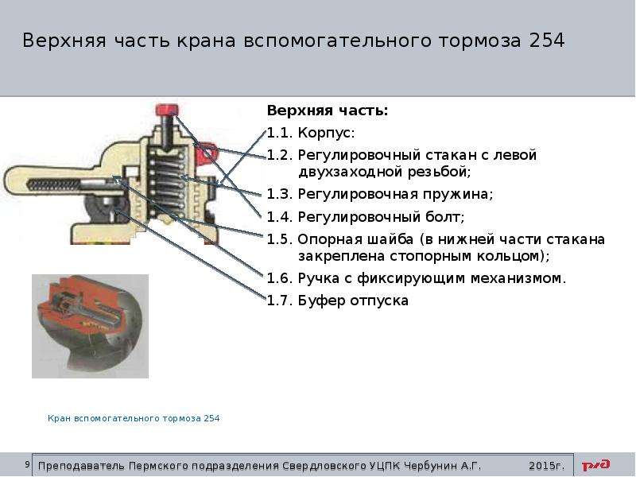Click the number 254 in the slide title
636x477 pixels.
click(x=546, y=41)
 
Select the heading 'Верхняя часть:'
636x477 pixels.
click(x=328, y=111)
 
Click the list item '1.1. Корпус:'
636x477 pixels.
click(x=311, y=133)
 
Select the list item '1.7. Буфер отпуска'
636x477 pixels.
click(x=337, y=301)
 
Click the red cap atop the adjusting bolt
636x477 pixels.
click(x=167, y=109)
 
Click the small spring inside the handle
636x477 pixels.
click(x=53, y=185)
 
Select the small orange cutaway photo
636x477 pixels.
click(x=90, y=326)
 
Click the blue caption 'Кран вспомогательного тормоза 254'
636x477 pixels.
click(x=134, y=418)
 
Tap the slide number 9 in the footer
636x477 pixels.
click(x=27, y=464)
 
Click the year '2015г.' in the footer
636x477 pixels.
click(x=546, y=466)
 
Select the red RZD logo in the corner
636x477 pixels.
click(x=595, y=465)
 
